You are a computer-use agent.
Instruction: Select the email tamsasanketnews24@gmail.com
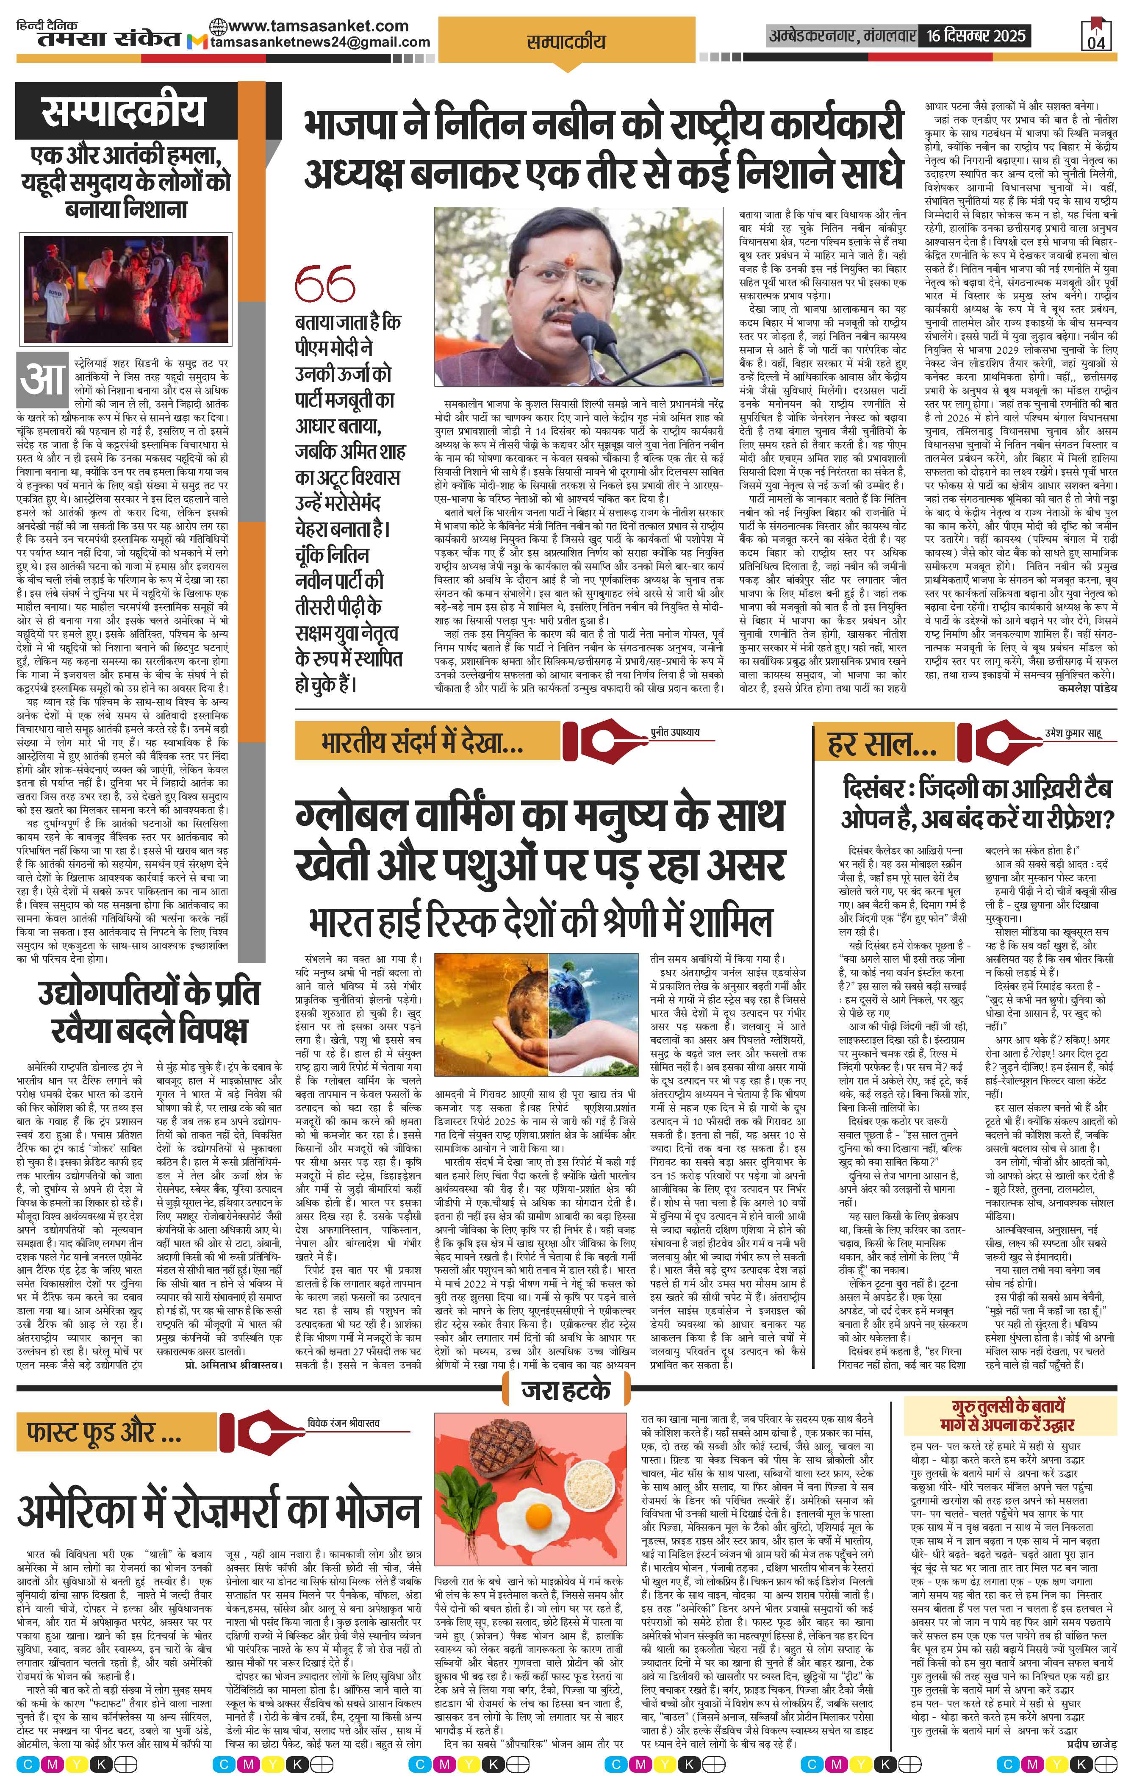(x=320, y=42)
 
